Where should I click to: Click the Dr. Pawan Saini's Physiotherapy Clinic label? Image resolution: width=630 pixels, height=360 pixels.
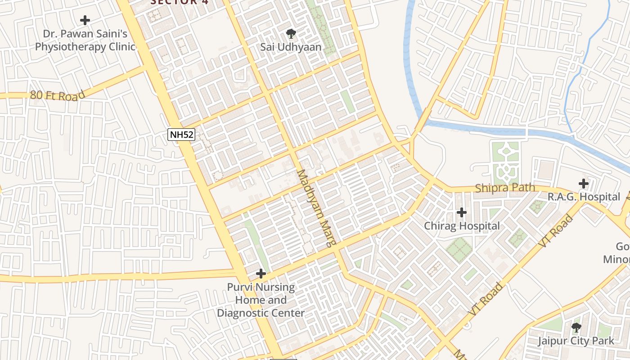[85, 40]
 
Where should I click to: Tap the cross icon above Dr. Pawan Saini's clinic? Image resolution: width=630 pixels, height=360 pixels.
[85, 20]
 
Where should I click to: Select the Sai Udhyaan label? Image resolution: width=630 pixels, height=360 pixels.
[291, 47]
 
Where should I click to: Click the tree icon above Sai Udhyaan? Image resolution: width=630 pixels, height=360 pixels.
[291, 33]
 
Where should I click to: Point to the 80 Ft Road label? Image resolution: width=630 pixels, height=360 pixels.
[58, 95]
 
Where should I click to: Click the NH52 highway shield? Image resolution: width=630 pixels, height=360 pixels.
[181, 134]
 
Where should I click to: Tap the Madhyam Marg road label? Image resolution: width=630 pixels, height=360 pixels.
[316, 208]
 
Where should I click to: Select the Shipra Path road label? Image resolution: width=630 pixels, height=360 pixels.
[505, 188]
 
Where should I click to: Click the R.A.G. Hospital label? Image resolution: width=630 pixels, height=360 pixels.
[584, 197]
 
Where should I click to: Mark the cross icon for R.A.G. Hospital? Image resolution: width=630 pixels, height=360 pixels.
[584, 184]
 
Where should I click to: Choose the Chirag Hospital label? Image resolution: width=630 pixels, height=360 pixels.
[462, 226]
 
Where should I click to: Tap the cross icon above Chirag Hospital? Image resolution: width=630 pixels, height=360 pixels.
[462, 212]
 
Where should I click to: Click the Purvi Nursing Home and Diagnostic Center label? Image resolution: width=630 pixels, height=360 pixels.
[261, 300]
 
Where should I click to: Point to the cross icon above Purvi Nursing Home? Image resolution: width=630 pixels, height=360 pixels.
[261, 274]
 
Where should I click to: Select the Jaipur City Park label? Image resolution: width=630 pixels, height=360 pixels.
[576, 341]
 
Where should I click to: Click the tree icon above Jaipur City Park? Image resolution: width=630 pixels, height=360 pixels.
[576, 327]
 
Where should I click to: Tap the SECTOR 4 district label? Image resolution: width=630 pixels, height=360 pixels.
[174, 2]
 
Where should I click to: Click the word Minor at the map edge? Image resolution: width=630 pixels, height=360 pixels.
[616, 260]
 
